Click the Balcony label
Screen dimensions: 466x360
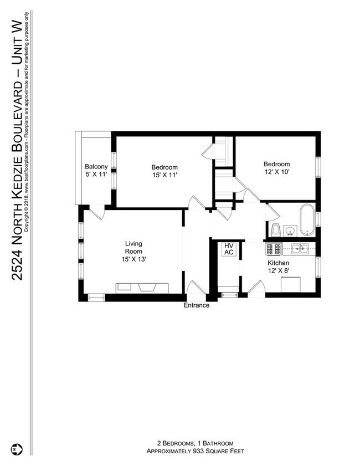[96, 171]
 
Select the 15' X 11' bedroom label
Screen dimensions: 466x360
[164, 171]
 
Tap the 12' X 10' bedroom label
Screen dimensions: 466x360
[276, 168]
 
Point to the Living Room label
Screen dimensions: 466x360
[133, 251]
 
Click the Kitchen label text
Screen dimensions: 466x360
[279, 263]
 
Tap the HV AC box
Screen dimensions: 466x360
[228, 249]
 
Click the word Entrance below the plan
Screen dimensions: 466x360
[197, 305]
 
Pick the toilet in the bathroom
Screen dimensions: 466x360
[275, 229]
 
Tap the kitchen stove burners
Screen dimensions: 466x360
[274, 249]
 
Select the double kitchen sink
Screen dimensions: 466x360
[300, 249]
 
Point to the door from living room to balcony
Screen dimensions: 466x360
[96, 211]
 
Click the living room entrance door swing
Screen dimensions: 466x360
[196, 288]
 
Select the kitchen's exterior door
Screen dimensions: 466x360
[256, 288]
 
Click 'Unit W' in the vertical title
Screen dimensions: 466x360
[17, 40]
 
